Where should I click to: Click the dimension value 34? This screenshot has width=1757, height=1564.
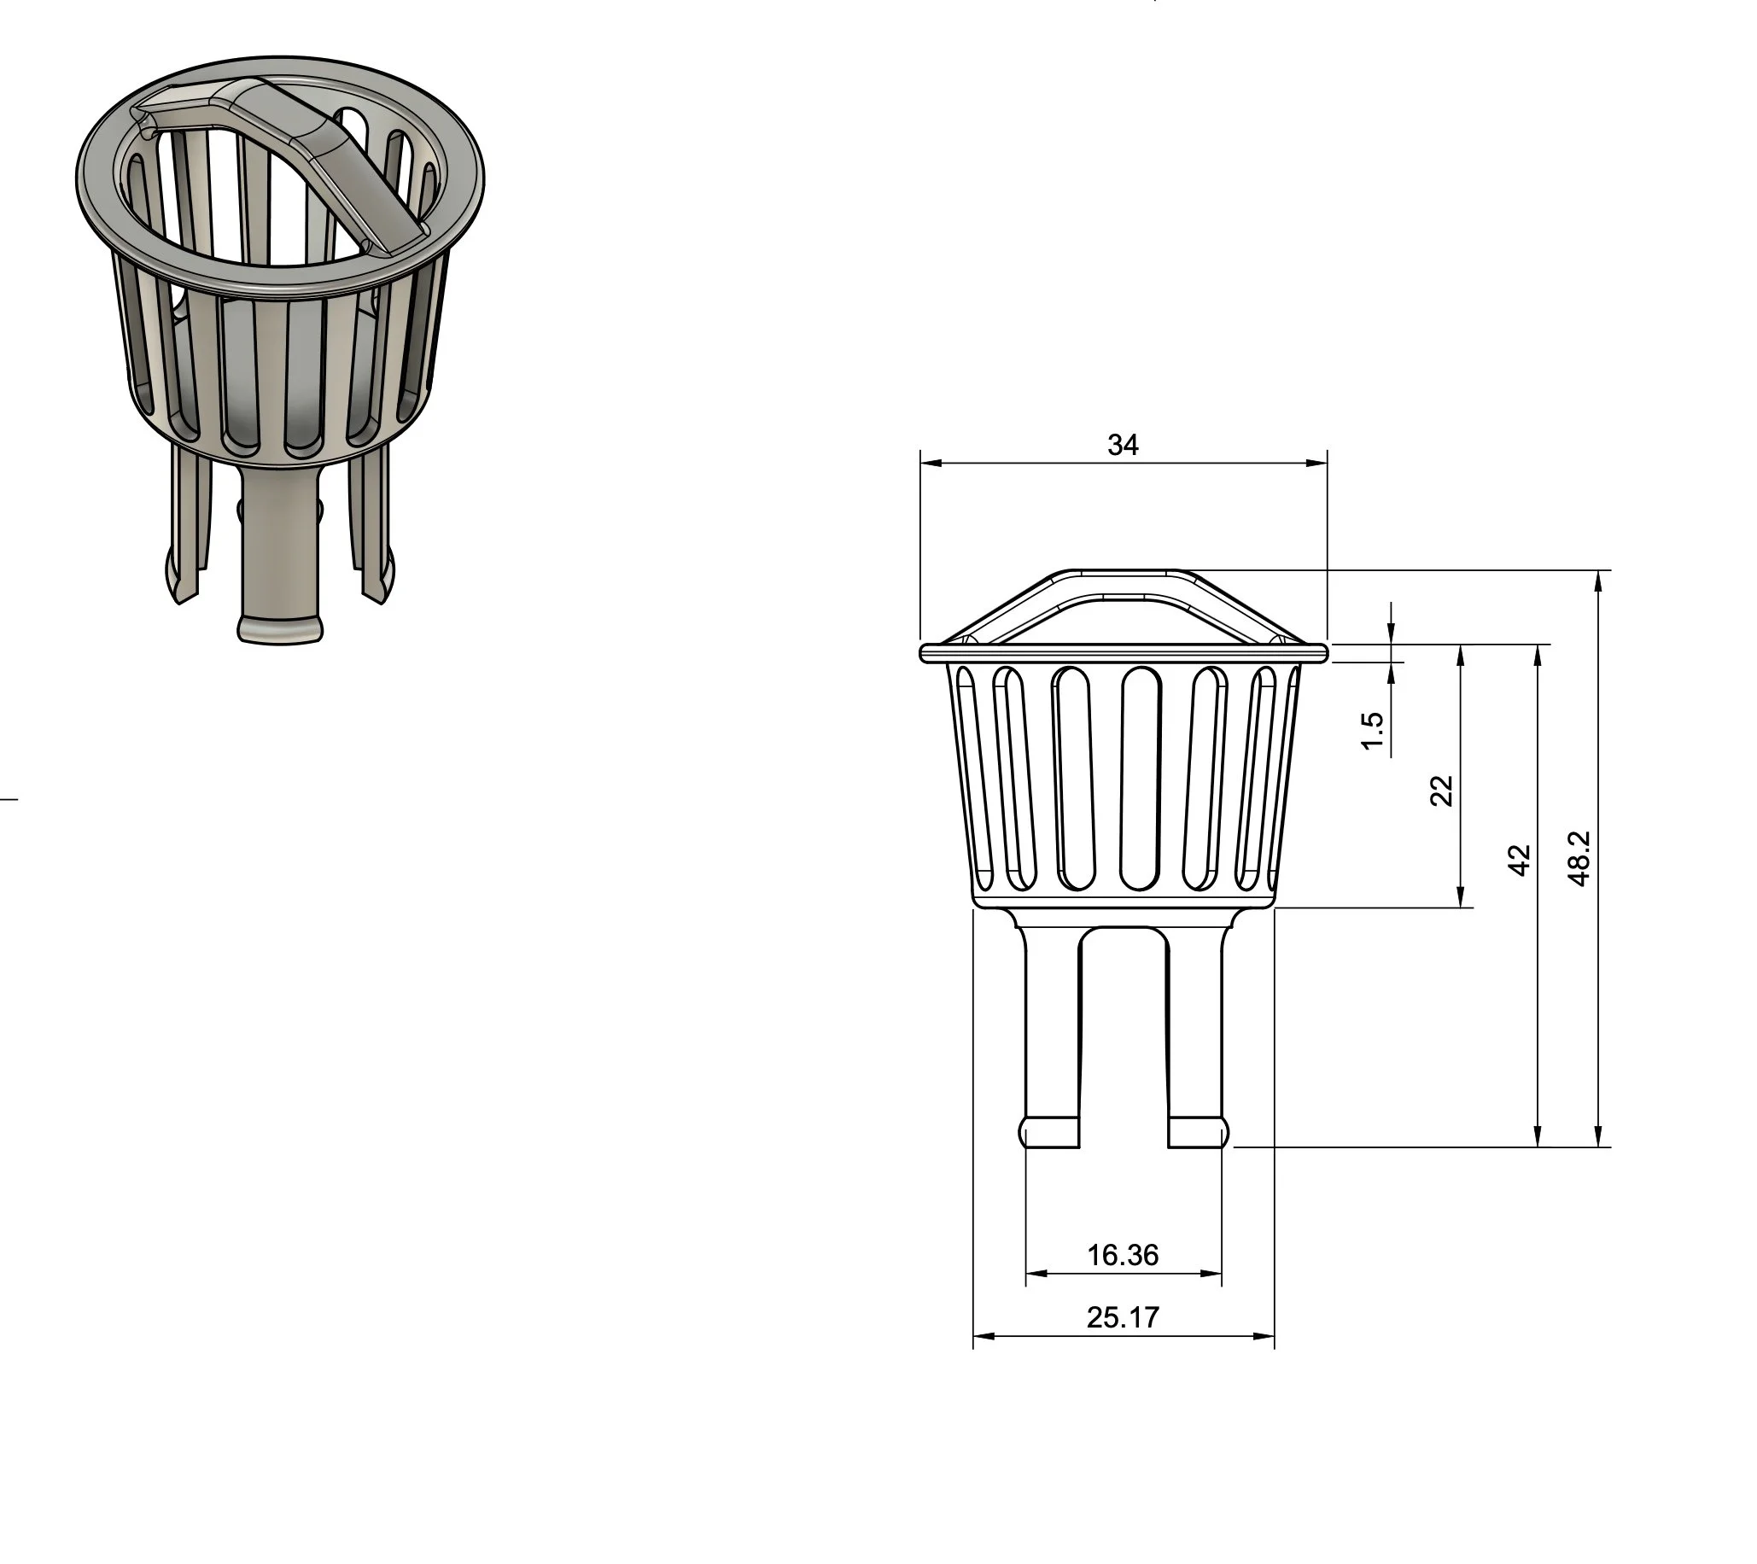pyautogui.click(x=1123, y=445)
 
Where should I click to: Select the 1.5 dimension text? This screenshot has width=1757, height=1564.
pyautogui.click(x=1373, y=731)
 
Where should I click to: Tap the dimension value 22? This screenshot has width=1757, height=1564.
pyautogui.click(x=1441, y=791)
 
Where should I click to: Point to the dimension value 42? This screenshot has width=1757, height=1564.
pyautogui.click(x=1520, y=861)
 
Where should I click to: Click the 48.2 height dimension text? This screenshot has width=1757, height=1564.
pyautogui.click(x=1580, y=859)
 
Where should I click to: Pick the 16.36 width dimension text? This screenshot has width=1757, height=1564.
pyautogui.click(x=1123, y=1256)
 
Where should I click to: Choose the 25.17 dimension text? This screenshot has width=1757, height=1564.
pyautogui.click(x=1123, y=1317)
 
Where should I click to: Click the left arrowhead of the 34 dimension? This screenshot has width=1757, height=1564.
pyautogui.click(x=930, y=464)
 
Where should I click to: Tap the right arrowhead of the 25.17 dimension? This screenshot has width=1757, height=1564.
pyautogui.click(x=1264, y=1336)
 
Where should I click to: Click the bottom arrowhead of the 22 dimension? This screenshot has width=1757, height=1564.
pyautogui.click(x=1460, y=897)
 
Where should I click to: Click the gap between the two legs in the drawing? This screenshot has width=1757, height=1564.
pyautogui.click(x=1124, y=1031)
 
